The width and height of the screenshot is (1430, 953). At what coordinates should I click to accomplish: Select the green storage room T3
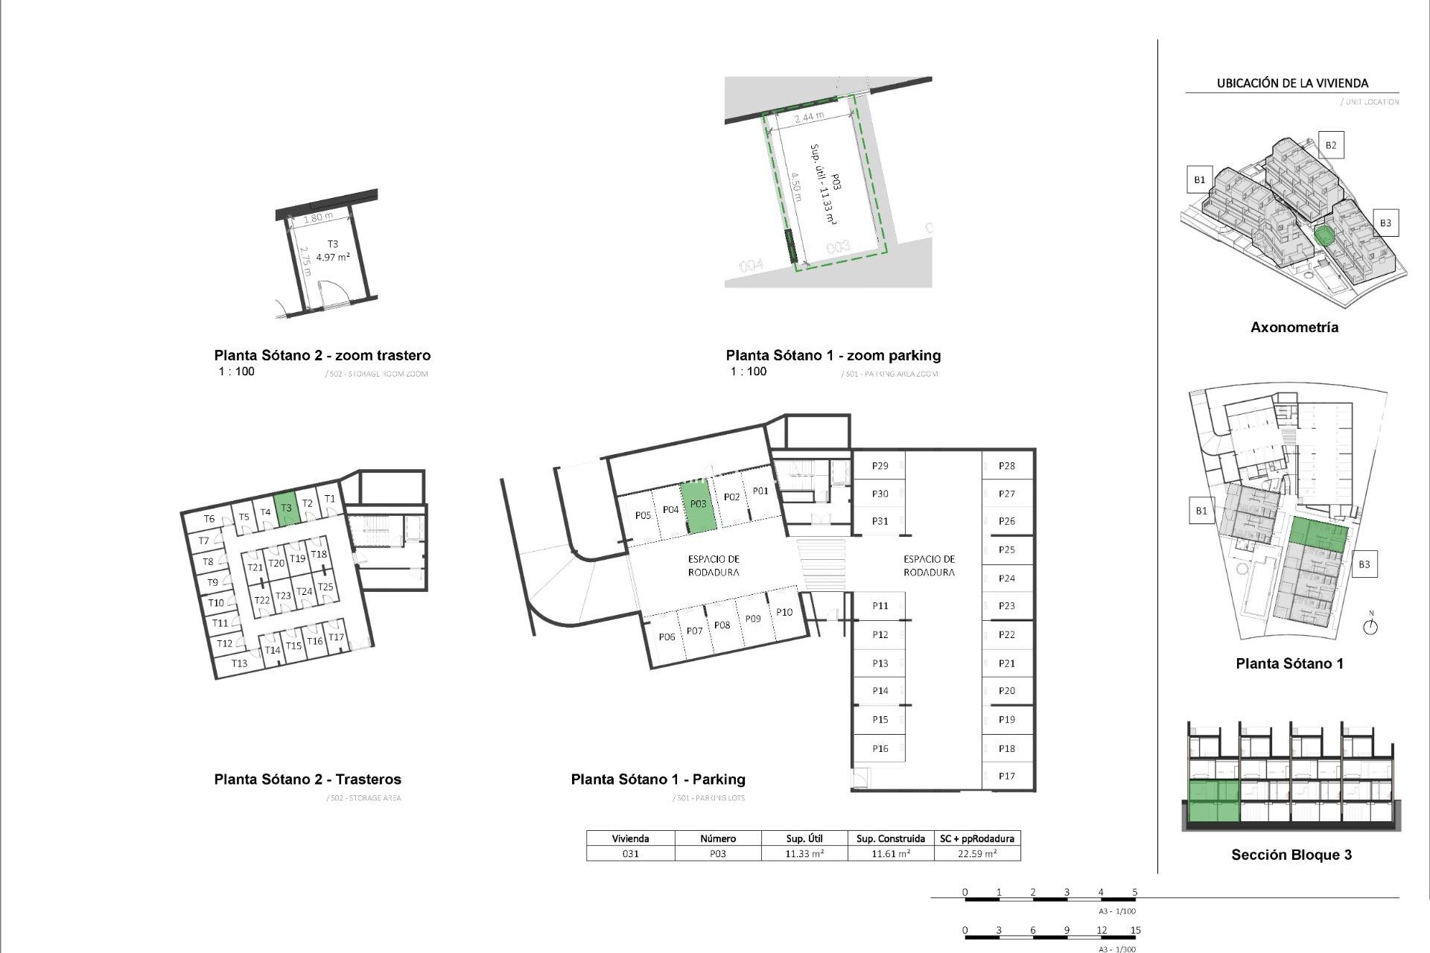(x=286, y=509)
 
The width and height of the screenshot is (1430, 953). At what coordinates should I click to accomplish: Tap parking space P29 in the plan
(x=880, y=466)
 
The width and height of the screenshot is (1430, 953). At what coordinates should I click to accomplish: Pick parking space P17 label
(x=1006, y=776)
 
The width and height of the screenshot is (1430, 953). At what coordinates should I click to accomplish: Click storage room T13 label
(x=239, y=663)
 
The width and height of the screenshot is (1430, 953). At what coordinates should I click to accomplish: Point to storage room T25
(x=325, y=587)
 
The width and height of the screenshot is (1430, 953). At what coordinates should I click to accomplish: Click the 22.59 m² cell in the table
(x=976, y=854)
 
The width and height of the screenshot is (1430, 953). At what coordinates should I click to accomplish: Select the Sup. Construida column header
(x=890, y=838)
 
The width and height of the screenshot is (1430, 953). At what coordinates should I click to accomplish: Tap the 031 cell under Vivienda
(x=630, y=854)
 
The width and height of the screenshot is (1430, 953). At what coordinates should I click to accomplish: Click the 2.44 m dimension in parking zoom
(x=809, y=118)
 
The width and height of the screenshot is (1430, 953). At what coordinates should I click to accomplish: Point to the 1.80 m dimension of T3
(x=318, y=218)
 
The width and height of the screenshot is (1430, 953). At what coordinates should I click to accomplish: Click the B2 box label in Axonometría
(x=1330, y=145)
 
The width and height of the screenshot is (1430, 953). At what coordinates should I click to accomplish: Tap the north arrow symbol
(x=1370, y=626)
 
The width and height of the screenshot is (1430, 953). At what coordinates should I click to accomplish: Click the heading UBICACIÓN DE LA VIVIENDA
(x=1292, y=83)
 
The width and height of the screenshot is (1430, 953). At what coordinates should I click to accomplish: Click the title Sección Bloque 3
(x=1291, y=855)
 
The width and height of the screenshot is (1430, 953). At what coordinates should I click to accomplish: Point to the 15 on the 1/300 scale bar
(x=1134, y=930)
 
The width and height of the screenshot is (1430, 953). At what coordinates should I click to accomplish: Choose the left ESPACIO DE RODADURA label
(x=713, y=566)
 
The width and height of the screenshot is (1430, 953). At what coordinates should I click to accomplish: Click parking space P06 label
(x=667, y=637)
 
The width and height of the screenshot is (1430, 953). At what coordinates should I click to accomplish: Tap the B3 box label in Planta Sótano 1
(x=1364, y=564)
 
